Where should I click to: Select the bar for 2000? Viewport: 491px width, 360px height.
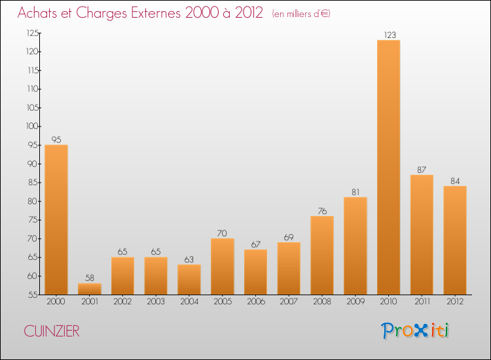tap(56, 219)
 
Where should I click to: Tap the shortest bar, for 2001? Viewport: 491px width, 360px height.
tap(90, 289)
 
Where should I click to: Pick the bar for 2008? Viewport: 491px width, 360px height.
tap(322, 255)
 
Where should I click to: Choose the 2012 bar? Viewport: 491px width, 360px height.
tap(455, 240)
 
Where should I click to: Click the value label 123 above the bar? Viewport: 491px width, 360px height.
tap(389, 35)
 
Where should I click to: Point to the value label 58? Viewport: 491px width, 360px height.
tap(90, 278)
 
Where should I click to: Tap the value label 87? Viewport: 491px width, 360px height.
tap(422, 170)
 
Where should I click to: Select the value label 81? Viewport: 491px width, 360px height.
tap(355, 192)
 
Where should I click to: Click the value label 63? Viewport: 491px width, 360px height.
tap(189, 259)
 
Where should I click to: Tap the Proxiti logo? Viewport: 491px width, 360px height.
tap(415, 331)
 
